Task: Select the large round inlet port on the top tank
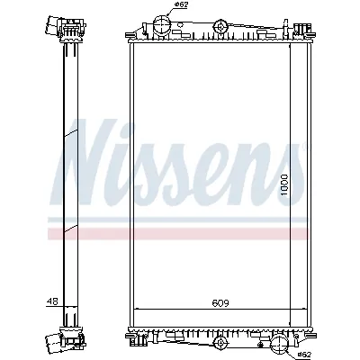163,22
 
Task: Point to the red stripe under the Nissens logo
180,233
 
